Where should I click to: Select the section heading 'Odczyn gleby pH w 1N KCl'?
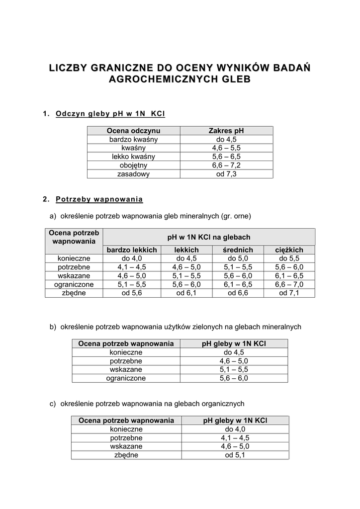click(110, 113)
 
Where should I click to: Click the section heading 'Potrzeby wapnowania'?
click(99, 199)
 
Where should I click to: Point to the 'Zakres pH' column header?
click(226, 131)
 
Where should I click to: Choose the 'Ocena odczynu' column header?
click(134, 131)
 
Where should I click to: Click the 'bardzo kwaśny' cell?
click(134, 139)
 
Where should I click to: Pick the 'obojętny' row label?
click(134, 165)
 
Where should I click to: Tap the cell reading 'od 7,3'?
click(226, 174)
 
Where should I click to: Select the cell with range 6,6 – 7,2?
click(226, 165)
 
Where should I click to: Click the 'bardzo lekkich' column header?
click(132, 250)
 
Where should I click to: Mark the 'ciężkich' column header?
click(289, 250)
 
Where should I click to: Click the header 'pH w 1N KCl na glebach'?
click(209, 237)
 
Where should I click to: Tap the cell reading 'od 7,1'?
click(289, 293)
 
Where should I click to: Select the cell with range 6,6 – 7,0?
click(289, 284)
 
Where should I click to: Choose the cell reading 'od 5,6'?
click(132, 293)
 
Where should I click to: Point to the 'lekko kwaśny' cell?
click(134, 157)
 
